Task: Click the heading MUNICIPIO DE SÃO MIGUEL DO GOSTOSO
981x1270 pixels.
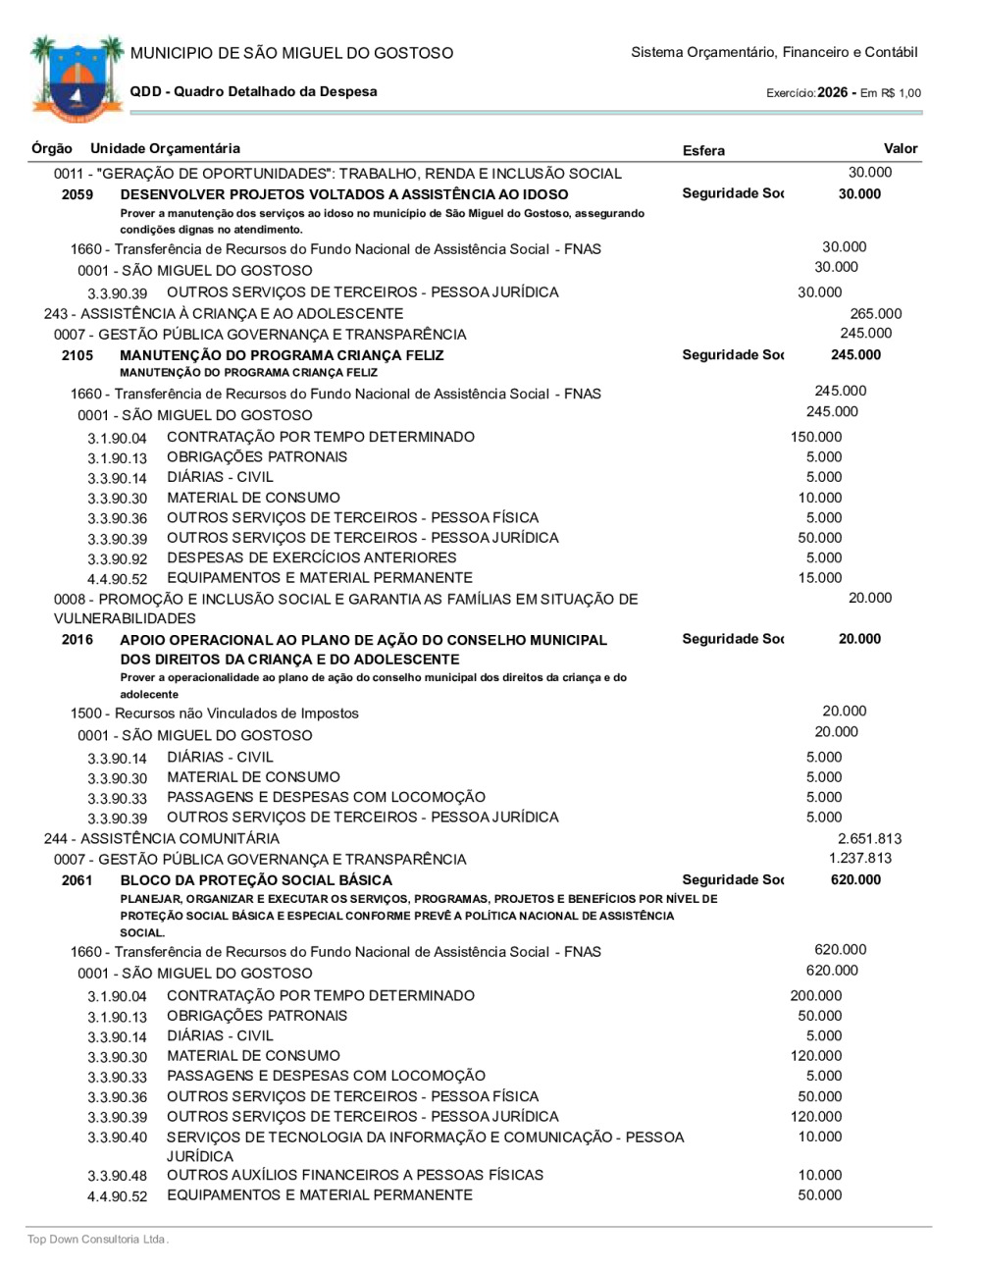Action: click(x=291, y=53)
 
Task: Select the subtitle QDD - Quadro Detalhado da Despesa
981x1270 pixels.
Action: click(x=253, y=91)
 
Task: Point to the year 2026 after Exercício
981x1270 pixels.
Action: click(x=832, y=92)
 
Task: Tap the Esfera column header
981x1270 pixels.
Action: click(x=703, y=150)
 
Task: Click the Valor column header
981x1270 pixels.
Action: click(x=900, y=148)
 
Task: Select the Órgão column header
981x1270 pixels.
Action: click(x=51, y=148)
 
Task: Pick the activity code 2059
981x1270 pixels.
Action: click(x=77, y=194)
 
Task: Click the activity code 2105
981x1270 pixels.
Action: click(x=77, y=355)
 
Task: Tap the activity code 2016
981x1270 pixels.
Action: click(x=77, y=640)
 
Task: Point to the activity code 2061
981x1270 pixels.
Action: click(x=77, y=880)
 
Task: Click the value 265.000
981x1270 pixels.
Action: click(x=875, y=314)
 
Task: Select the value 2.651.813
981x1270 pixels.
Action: click(x=869, y=839)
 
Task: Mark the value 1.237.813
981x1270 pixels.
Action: click(x=860, y=858)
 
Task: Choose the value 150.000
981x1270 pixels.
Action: click(x=815, y=437)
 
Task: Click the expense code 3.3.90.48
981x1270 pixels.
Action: click(x=117, y=1176)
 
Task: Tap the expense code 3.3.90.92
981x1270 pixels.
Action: click(x=117, y=559)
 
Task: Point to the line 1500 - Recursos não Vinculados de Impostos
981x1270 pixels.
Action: click(x=214, y=714)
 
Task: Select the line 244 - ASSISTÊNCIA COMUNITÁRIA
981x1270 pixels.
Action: click(x=162, y=839)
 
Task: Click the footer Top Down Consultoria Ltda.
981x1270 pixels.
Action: click(x=98, y=1240)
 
